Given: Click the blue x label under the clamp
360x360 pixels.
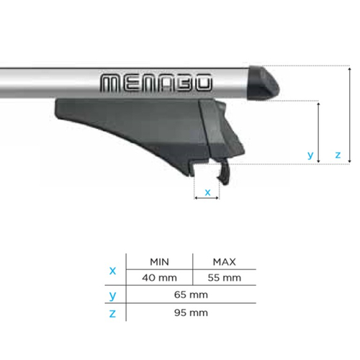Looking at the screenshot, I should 208,192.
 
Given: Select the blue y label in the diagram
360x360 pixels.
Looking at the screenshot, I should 310,154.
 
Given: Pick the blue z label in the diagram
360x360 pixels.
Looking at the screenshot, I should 338,154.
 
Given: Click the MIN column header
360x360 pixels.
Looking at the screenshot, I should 158,261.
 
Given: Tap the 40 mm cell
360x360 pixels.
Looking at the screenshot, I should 158,277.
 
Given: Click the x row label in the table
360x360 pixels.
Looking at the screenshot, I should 112,270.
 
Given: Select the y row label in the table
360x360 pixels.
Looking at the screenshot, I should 112,294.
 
